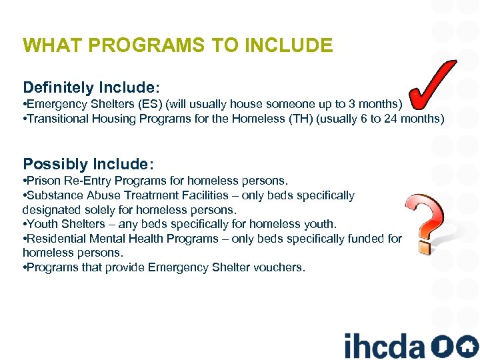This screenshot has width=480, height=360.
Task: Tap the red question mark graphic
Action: [425, 222]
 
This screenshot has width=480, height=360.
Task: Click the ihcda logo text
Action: [385, 345]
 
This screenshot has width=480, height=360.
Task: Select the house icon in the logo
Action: [467, 347]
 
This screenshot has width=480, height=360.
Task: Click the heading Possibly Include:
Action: [89, 164]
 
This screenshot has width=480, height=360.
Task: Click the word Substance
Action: [54, 195]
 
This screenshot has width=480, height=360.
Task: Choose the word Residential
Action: [55, 239]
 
